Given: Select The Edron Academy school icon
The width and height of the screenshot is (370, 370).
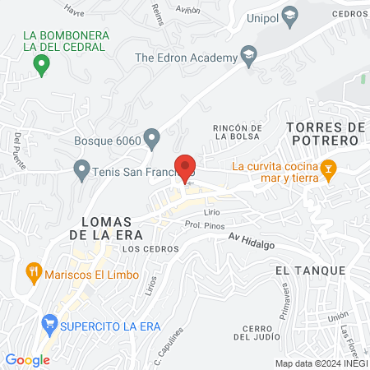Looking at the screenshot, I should pos(247,57).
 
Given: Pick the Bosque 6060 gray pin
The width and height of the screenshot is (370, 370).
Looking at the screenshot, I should pos(151,136).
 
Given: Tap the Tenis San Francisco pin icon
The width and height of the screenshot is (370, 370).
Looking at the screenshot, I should pos(81,171).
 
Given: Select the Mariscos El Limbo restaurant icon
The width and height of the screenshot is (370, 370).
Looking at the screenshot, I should pos(34,272).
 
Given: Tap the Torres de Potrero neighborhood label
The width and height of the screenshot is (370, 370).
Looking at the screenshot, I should pos(324,134).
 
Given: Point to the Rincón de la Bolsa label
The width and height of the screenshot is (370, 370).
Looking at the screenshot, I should pos(237,133).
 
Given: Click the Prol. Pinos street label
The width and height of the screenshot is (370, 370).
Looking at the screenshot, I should pos(205,223).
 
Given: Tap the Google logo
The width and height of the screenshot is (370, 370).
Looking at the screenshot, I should pos(27,359).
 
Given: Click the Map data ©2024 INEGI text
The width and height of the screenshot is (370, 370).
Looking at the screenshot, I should pos(321,363).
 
